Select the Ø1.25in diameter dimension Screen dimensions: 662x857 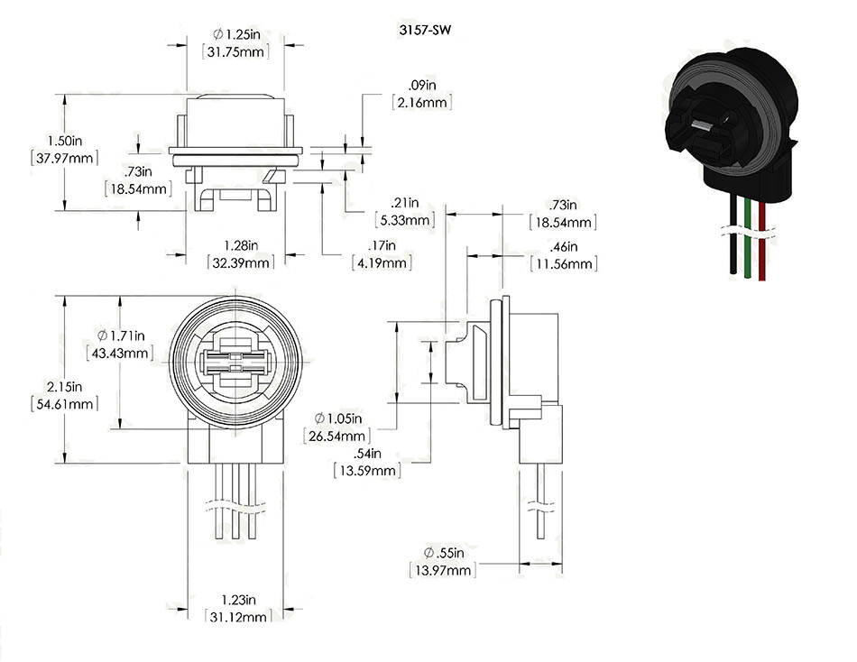click(x=240, y=33)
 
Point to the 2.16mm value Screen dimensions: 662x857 click(x=422, y=104)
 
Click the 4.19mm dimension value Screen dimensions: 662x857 click(x=382, y=263)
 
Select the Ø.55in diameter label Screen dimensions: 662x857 click(x=442, y=553)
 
